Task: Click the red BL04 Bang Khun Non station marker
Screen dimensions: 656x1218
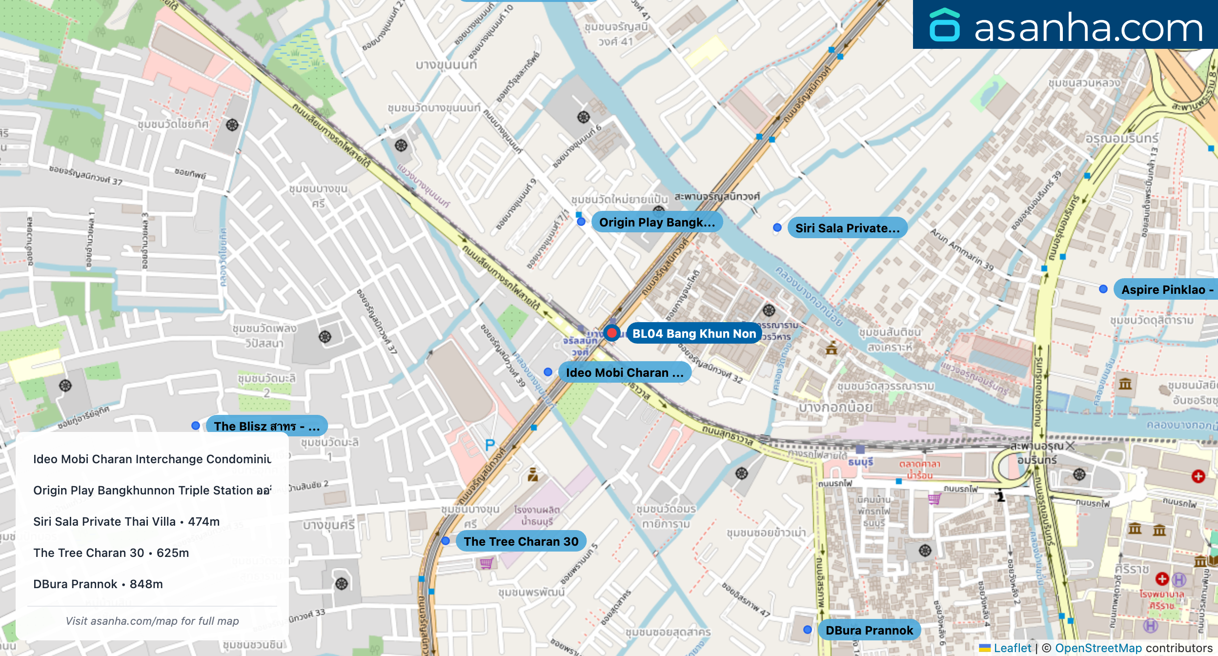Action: click(611, 333)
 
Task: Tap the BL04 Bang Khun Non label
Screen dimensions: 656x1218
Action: click(694, 333)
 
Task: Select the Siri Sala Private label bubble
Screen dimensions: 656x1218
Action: click(847, 228)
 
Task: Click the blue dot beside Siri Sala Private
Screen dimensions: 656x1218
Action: click(777, 227)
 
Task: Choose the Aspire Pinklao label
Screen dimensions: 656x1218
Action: click(1165, 289)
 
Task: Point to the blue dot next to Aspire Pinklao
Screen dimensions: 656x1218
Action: click(1103, 289)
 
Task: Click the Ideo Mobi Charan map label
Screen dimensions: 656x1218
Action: click(624, 372)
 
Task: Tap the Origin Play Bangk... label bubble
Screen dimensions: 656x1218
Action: click(657, 222)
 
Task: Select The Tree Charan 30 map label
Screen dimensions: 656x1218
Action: click(521, 541)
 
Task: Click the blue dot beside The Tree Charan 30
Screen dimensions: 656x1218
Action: click(446, 541)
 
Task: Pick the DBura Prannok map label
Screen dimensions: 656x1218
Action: click(869, 630)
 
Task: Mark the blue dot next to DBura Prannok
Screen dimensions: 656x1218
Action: click(808, 630)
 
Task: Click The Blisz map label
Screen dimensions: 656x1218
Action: click(266, 426)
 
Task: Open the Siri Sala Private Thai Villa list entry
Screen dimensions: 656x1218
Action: click(126, 521)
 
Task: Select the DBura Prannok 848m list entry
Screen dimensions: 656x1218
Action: click(98, 584)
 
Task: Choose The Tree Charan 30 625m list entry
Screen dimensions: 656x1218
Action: click(111, 553)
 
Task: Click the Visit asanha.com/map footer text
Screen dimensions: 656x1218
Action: click(152, 621)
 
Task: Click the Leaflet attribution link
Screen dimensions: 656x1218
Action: click(1012, 648)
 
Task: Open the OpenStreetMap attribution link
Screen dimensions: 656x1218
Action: click(1098, 648)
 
